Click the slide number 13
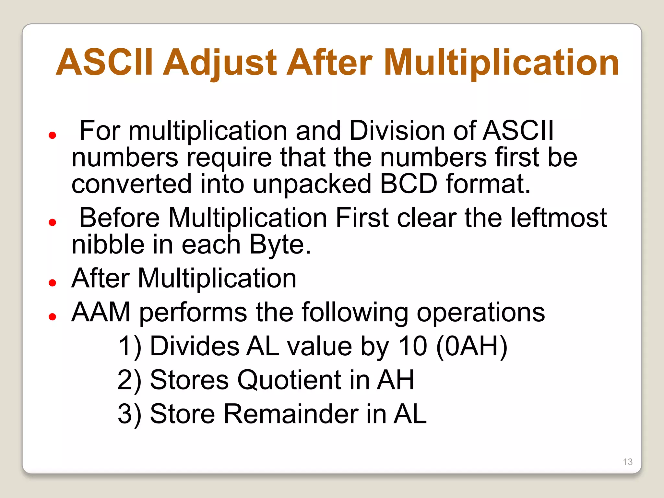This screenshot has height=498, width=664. (x=628, y=462)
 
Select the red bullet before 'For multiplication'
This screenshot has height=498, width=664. (x=52, y=135)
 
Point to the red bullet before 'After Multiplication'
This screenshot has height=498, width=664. (x=52, y=283)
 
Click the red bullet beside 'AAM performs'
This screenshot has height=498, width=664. (x=52, y=316)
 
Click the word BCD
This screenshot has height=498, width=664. (x=409, y=184)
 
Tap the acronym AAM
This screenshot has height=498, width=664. (x=101, y=312)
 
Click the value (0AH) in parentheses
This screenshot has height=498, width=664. (x=472, y=346)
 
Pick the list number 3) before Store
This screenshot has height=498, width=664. (x=129, y=414)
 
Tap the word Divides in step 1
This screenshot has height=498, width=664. (x=195, y=346)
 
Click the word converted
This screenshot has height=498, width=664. (x=132, y=184)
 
